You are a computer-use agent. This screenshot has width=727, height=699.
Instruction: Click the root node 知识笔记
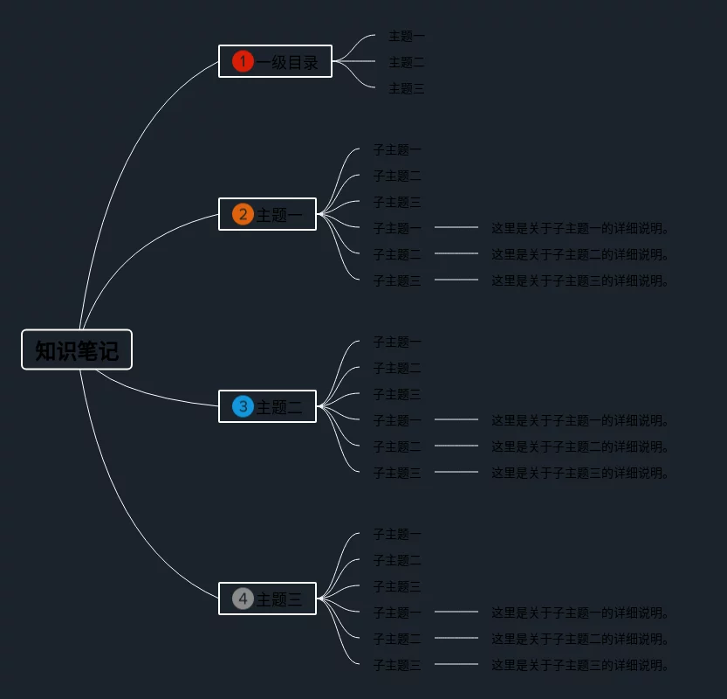click(x=77, y=350)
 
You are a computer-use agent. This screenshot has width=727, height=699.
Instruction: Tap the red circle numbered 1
click(x=243, y=61)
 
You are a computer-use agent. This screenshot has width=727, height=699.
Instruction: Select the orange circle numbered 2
click(x=243, y=214)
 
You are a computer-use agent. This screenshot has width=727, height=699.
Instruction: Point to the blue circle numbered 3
click(x=243, y=406)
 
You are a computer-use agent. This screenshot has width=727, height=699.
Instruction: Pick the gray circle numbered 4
click(x=243, y=599)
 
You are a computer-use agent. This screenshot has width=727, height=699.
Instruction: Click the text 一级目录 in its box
click(x=288, y=62)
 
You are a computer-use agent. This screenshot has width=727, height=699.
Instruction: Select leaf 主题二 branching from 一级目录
click(x=407, y=62)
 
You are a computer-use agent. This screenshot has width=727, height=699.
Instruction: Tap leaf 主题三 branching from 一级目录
click(x=407, y=88)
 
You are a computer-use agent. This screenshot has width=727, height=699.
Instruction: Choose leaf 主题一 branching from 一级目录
click(x=407, y=36)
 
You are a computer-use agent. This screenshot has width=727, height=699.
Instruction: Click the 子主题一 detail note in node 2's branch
click(x=580, y=228)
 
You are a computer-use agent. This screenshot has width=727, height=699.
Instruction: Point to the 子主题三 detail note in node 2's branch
click(x=580, y=280)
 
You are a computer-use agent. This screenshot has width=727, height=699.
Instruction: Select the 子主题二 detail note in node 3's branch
click(x=580, y=446)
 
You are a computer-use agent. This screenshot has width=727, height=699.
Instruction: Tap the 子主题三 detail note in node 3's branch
click(x=580, y=473)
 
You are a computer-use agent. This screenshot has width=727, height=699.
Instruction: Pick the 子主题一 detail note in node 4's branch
click(x=580, y=612)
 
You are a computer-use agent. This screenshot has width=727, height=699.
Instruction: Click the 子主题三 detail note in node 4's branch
click(x=580, y=665)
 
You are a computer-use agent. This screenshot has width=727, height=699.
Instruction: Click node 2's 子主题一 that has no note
click(x=397, y=149)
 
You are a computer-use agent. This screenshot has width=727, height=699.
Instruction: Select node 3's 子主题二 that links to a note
click(x=397, y=446)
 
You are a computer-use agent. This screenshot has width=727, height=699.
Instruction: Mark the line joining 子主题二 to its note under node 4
click(x=456, y=638)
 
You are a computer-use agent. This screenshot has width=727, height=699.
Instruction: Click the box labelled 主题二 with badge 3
click(x=279, y=406)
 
